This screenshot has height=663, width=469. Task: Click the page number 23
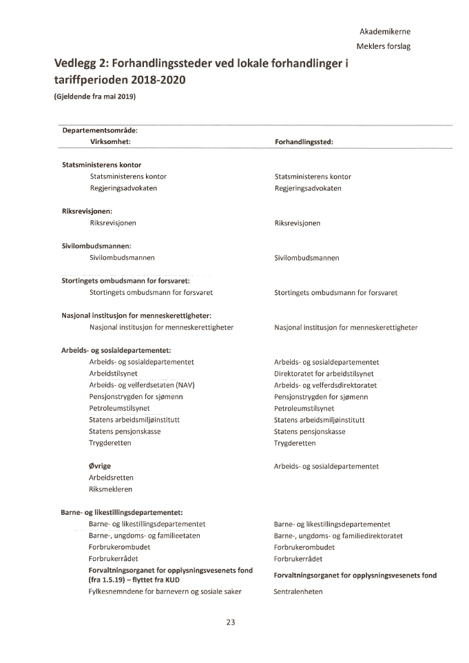tap(230, 622)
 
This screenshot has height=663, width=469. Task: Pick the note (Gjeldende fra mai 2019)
tap(95, 96)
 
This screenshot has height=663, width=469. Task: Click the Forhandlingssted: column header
tap(304, 141)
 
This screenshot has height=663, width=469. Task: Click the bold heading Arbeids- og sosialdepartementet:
tap(116, 350)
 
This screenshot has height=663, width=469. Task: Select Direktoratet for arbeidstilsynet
tap(324, 374)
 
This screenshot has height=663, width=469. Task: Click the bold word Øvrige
tap(100, 466)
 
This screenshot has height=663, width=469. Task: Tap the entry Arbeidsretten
tap(111, 478)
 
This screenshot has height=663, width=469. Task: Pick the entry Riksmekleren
tap(110, 489)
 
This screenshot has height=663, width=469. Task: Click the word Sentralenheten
tap(298, 591)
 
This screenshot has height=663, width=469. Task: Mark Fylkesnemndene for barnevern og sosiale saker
tap(165, 591)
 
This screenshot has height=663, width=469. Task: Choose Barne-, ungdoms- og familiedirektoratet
tap(338, 535)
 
